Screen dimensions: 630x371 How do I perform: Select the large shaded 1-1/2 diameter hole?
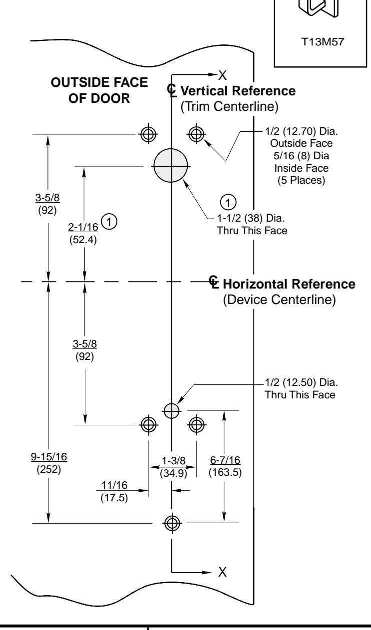pyautogui.click(x=171, y=166)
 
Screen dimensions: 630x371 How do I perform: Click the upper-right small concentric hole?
pyautogui.click(x=195, y=133)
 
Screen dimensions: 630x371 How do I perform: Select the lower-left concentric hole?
pyautogui.click(x=147, y=424)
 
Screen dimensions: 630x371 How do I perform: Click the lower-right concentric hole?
pyautogui.click(x=196, y=424)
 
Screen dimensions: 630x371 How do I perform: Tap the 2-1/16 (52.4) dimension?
pyautogui.click(x=83, y=233)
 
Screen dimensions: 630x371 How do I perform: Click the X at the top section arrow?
pyautogui.click(x=223, y=75)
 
